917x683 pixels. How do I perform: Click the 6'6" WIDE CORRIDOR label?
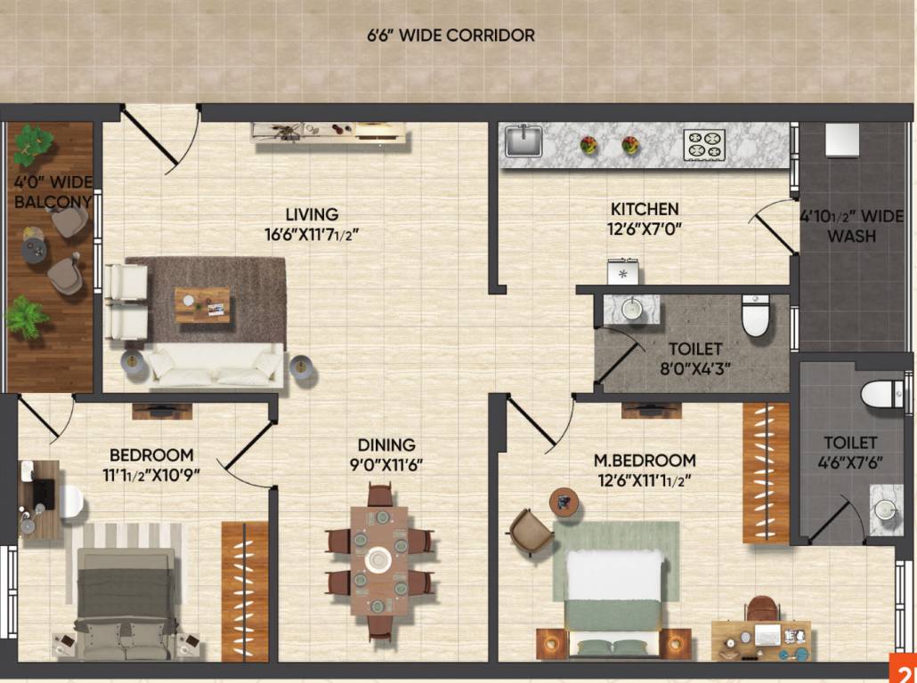click(x=451, y=36)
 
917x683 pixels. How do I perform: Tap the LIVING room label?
click(x=312, y=214)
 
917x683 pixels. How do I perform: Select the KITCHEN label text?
click(x=645, y=209)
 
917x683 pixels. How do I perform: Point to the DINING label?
click(x=386, y=445)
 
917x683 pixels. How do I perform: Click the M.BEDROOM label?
click(x=645, y=461)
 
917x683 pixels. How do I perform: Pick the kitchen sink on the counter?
click(x=524, y=141)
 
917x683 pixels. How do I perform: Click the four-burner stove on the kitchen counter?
click(x=704, y=145)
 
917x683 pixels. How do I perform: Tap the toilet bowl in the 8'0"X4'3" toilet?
click(x=755, y=317)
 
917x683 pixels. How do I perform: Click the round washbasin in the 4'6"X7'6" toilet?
click(x=884, y=509)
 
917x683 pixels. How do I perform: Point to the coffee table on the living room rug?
click(x=202, y=304)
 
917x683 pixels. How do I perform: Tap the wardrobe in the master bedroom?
click(x=766, y=472)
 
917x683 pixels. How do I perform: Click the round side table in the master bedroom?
click(x=564, y=502)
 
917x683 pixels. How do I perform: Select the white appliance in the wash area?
click(x=841, y=140)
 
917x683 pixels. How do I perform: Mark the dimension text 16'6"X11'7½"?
click(x=312, y=235)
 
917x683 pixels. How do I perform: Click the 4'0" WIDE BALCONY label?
click(x=53, y=193)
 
